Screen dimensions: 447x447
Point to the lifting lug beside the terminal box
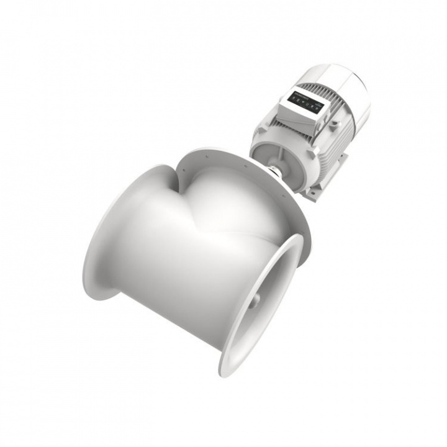click(x=334, y=125)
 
